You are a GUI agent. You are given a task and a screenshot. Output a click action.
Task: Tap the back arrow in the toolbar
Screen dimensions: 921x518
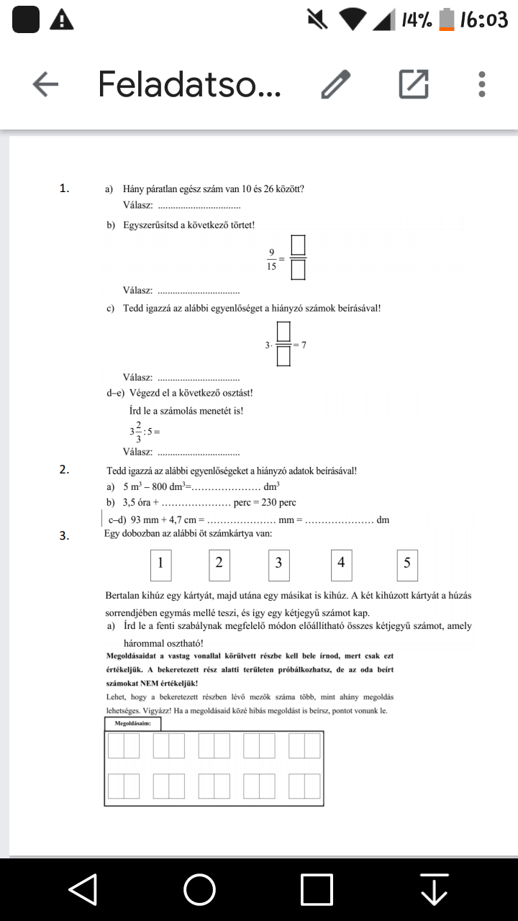point(45,85)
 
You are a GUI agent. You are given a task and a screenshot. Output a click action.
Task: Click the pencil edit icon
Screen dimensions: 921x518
point(335,85)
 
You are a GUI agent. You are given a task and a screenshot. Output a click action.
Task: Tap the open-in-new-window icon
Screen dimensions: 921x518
point(414,84)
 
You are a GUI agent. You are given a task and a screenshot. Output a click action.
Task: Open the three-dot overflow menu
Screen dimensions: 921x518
point(482,84)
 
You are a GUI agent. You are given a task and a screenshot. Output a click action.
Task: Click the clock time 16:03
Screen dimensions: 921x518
point(483,20)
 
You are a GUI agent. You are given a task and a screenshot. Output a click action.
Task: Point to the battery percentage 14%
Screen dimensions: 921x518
point(417,20)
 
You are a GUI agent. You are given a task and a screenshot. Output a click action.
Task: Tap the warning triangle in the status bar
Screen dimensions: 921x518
point(62,20)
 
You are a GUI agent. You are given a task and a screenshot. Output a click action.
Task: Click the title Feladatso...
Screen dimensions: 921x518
point(189,84)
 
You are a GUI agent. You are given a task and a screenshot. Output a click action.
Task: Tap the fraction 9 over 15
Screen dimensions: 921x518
point(272,258)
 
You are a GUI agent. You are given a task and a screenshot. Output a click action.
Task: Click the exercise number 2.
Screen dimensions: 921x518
point(64,470)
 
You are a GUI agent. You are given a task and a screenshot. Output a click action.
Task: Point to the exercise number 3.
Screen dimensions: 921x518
point(64,535)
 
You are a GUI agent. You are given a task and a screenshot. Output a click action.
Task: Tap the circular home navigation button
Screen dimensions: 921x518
point(199,889)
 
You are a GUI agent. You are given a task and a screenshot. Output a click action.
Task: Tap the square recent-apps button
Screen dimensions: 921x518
point(317,889)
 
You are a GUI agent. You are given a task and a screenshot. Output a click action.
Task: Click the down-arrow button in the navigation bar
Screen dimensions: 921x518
point(435,889)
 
